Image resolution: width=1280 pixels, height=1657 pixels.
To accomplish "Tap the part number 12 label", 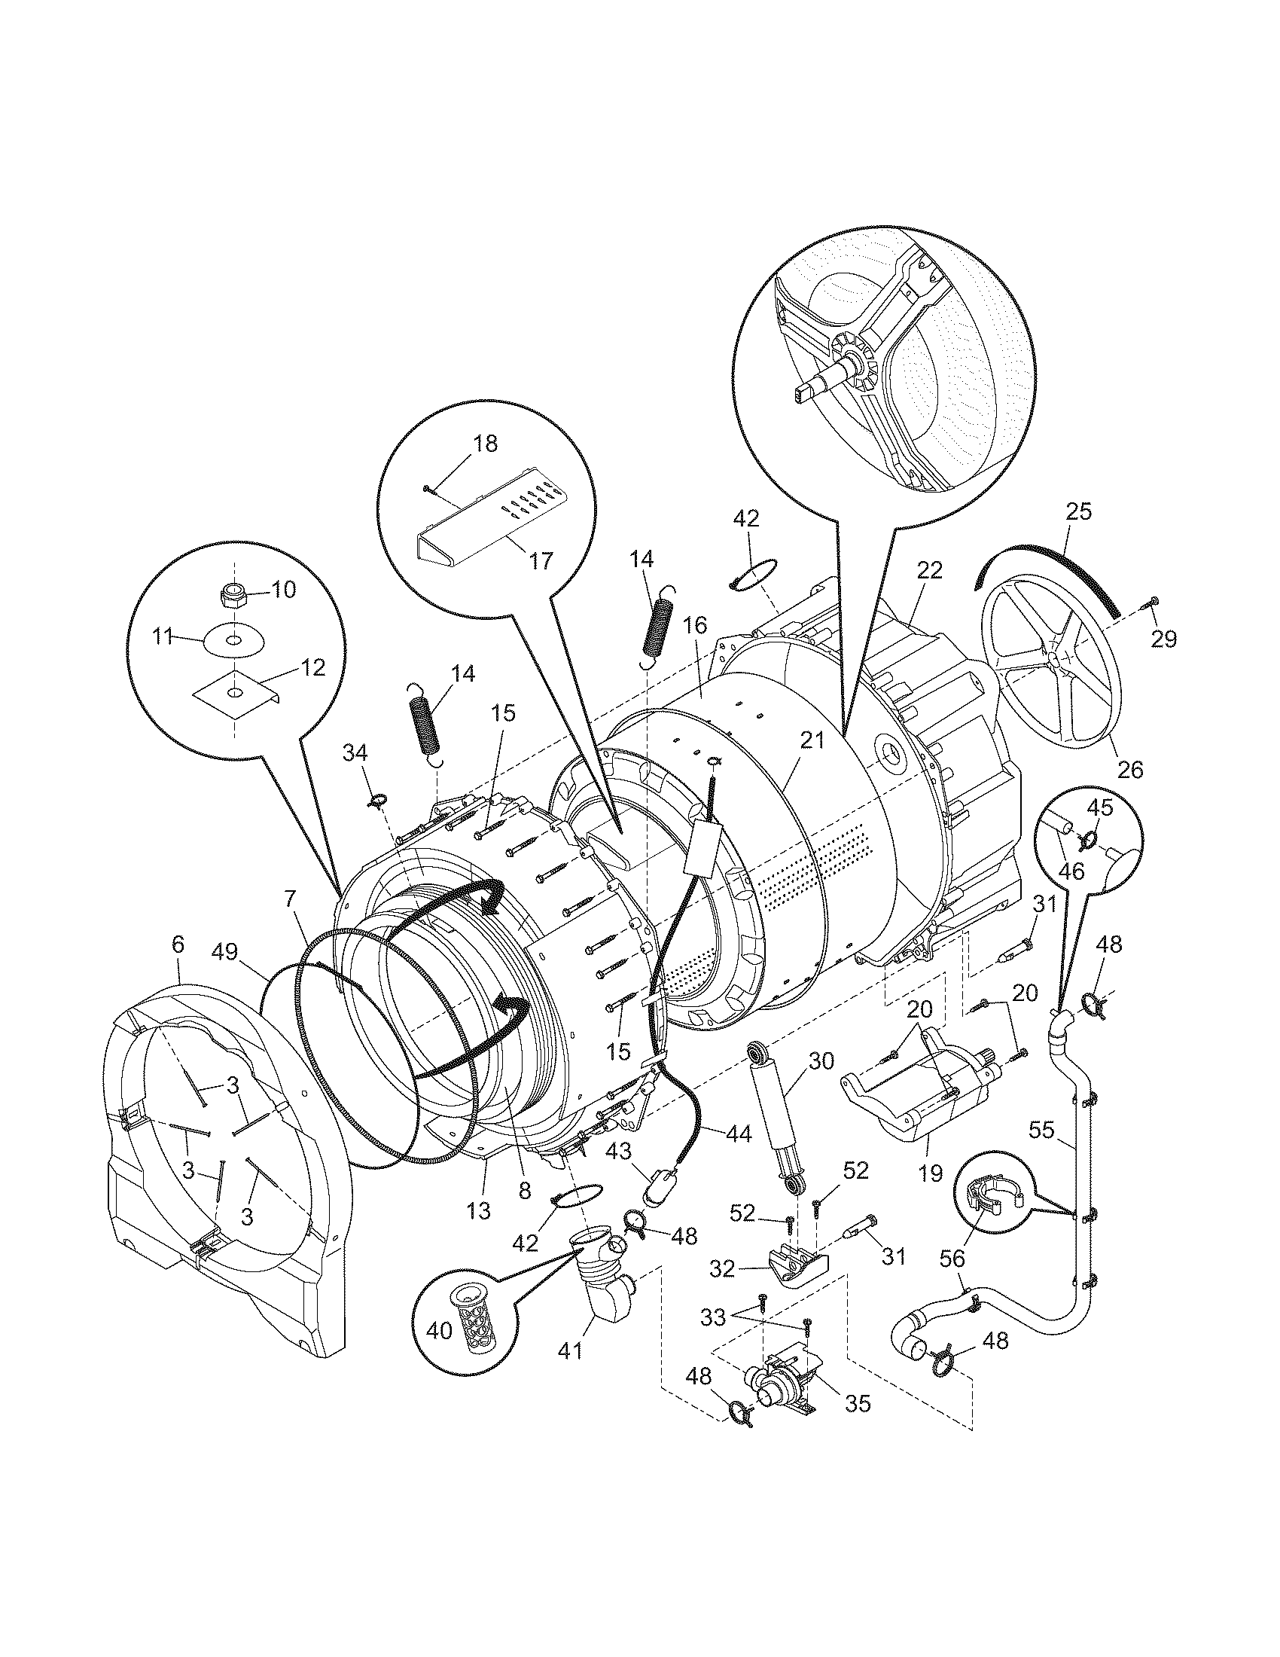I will pos(313,667).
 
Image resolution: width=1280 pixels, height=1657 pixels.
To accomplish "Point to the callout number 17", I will pos(541,560).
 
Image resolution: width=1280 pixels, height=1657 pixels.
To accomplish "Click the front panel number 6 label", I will pos(178,944).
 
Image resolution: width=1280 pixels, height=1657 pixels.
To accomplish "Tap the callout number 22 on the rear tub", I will pos(929,571).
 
